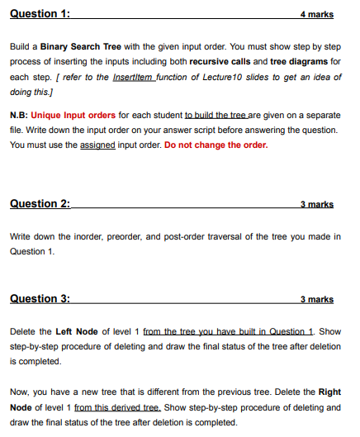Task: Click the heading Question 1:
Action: [x=40, y=15]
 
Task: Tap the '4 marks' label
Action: [x=318, y=16]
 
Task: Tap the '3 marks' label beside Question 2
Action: [x=318, y=204]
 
